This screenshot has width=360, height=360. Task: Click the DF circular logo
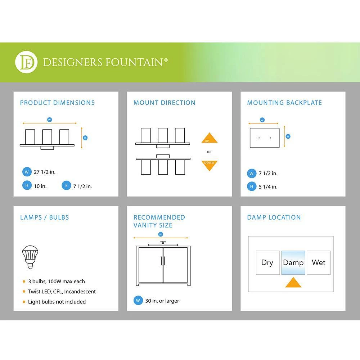(x=26, y=62)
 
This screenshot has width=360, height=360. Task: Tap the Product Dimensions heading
(x=57, y=103)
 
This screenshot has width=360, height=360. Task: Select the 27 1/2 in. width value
(x=45, y=172)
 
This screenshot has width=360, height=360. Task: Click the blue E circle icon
(x=66, y=186)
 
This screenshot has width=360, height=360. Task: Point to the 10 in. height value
(x=40, y=186)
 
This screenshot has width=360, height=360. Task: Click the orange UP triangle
(x=209, y=138)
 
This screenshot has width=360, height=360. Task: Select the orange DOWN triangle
(x=209, y=165)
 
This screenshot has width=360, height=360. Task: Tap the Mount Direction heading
(x=164, y=103)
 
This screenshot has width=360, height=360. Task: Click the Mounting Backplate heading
(x=284, y=103)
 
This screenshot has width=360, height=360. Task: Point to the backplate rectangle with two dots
(x=265, y=138)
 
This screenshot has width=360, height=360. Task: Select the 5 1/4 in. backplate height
(x=268, y=187)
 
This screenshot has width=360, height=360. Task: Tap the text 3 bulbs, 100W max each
(x=57, y=282)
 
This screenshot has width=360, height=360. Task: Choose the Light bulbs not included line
(x=57, y=302)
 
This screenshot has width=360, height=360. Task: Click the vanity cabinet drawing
(x=163, y=265)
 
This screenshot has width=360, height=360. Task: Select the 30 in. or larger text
(x=162, y=301)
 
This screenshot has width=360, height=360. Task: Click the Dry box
(x=267, y=263)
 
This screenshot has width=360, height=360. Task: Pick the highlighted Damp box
(x=293, y=263)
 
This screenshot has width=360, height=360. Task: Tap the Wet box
(x=319, y=263)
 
